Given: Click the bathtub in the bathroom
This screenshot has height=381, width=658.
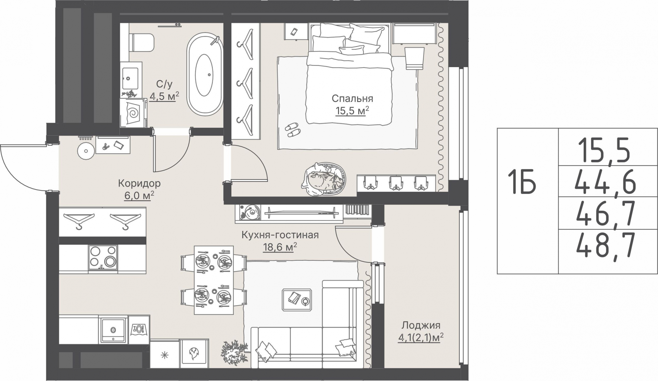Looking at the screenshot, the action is click(x=205, y=74).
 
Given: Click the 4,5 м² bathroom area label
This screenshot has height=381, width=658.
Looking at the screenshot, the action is click(x=164, y=96).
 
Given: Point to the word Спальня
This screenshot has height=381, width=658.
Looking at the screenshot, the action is click(x=352, y=99).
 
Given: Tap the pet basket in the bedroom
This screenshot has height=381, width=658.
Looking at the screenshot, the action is click(x=324, y=179).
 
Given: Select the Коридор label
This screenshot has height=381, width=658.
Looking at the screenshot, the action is click(x=139, y=184).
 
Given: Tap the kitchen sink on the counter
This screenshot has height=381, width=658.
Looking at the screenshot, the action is click(x=113, y=329).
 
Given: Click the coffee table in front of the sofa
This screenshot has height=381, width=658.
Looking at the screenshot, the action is click(x=297, y=300).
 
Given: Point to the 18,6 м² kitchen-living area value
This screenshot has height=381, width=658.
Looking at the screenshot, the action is click(x=280, y=247).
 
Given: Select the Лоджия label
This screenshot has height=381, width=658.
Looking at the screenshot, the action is click(x=421, y=325).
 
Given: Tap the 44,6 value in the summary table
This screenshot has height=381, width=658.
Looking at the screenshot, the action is click(x=605, y=183).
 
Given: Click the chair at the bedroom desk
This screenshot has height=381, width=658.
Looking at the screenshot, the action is click(x=414, y=58).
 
